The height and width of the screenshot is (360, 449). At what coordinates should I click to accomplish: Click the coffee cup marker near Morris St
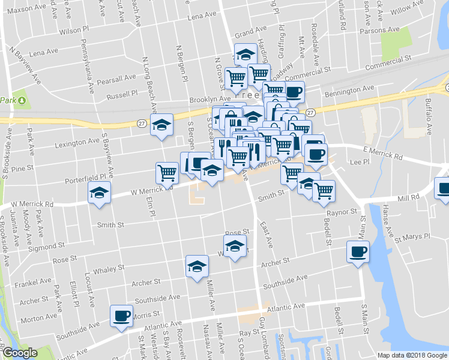point(121,316)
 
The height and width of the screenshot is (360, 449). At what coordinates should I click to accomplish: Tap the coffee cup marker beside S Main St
point(358,251)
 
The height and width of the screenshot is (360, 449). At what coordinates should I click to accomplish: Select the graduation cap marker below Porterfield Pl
point(100,193)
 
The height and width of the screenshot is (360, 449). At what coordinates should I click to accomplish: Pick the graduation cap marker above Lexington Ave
point(161,125)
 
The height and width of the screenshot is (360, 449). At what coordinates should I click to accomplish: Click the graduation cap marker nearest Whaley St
point(197,267)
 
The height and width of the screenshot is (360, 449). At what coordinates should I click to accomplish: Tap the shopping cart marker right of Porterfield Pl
point(167,173)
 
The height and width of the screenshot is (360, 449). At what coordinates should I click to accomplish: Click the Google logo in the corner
point(20,353)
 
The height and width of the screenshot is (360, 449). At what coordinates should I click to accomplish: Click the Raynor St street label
point(342,212)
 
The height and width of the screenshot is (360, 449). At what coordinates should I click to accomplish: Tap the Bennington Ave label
point(349,90)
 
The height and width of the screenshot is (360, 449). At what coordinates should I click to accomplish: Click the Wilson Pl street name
point(74,29)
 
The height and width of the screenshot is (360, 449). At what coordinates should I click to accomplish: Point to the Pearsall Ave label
point(118,79)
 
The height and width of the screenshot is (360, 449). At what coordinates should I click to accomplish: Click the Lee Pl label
point(360,162)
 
